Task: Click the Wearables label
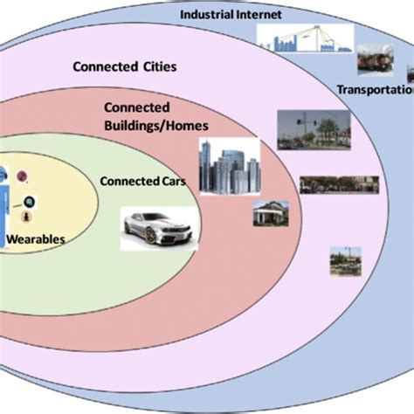click(36, 237)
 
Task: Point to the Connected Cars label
click(135, 182)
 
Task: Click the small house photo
click(270, 215)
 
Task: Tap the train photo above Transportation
click(375, 61)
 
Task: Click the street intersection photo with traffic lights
click(313, 131)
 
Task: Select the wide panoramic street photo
click(339, 184)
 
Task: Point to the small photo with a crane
click(345, 261)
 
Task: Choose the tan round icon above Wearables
click(27, 216)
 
